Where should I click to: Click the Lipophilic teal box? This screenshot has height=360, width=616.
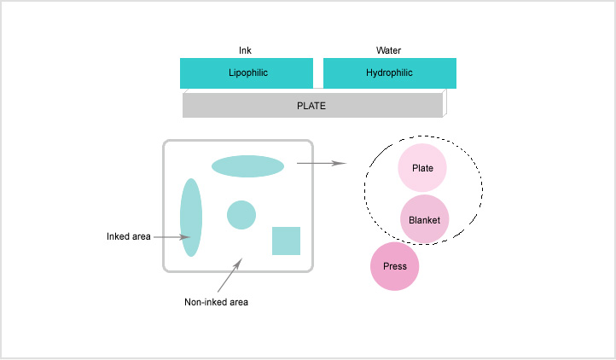[x=247, y=73]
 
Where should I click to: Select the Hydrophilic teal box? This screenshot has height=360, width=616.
[x=390, y=73]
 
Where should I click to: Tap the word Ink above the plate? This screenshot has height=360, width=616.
[x=245, y=50]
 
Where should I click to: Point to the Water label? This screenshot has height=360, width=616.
[x=388, y=50]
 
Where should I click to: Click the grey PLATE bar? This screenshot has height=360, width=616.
[x=313, y=105]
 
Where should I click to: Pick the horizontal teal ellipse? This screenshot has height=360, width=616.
[x=248, y=166]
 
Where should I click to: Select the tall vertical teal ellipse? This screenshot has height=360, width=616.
[x=191, y=218]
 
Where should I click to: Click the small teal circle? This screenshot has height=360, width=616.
[x=241, y=215]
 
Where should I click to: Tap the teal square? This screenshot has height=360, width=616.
[x=287, y=241]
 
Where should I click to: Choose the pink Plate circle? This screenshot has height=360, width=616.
[x=422, y=168]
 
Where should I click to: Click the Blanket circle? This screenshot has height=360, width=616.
[x=424, y=219]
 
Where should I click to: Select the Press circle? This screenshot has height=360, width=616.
[x=394, y=266]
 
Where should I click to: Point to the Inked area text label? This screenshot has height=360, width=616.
[x=129, y=236]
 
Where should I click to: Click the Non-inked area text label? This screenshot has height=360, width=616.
[x=216, y=302]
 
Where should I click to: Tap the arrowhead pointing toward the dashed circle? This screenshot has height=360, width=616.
[x=340, y=163]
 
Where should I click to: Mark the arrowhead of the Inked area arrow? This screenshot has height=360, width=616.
[x=185, y=237]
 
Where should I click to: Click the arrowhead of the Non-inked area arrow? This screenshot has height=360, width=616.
[x=238, y=263]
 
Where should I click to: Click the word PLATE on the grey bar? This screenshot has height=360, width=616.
[x=311, y=106]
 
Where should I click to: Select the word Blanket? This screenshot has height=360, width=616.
[x=424, y=220]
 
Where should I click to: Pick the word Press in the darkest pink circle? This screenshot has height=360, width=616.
[x=395, y=266]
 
